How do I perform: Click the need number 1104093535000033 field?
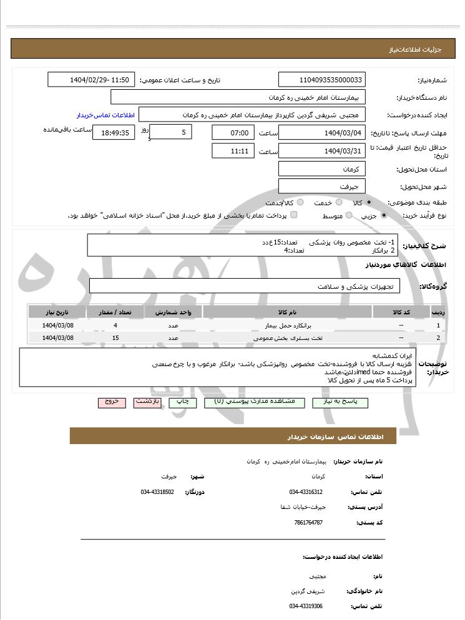click(322, 80)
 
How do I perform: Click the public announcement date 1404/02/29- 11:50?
click(91, 80)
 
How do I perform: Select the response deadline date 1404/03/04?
click(322, 132)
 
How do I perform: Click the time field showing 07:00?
click(233, 132)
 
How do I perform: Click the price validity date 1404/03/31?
click(322, 151)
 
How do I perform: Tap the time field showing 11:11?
click(233, 151)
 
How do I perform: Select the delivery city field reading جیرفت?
click(322, 186)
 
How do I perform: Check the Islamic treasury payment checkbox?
click(294, 215)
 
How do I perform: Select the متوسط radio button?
click(349, 215)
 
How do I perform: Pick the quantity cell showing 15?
click(115, 338)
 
